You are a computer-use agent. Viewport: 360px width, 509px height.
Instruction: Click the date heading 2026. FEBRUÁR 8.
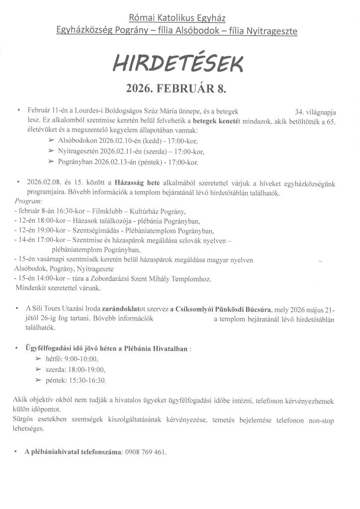point(180,89)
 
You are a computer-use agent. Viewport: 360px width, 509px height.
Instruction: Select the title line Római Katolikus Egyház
point(177,18)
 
